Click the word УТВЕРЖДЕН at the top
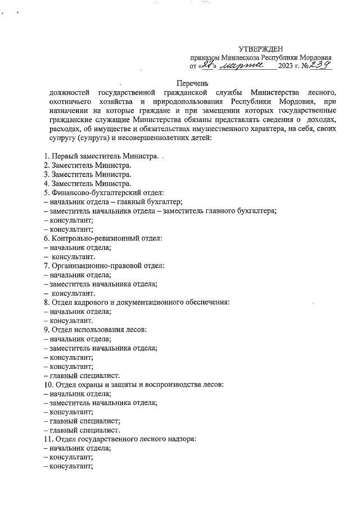click(261, 49)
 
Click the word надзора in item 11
click(177, 439)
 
